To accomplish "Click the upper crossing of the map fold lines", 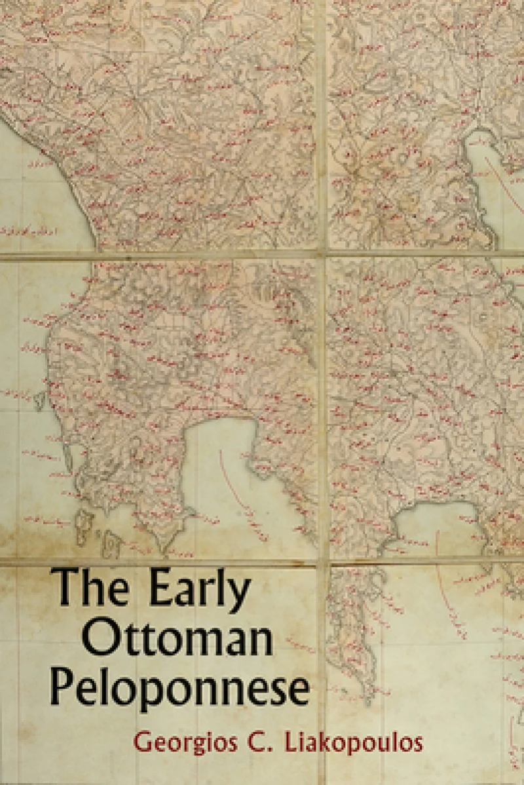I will [321, 253].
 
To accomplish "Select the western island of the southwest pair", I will [83, 524].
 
